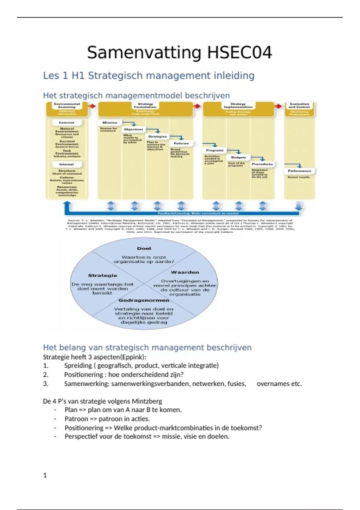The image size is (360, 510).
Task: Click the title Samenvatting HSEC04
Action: point(179,53)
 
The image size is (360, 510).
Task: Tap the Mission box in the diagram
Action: point(110,122)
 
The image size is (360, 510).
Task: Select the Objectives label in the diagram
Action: point(133,129)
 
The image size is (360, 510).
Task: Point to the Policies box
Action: point(181,143)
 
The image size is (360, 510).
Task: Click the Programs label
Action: point(215,150)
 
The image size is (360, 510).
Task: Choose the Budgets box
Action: point(238,157)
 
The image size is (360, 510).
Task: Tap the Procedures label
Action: point(262,164)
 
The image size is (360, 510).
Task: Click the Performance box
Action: point(299,171)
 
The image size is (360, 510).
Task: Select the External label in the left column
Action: point(67,122)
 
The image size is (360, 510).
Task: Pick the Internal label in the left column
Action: point(67,164)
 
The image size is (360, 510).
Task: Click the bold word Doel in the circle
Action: point(144,248)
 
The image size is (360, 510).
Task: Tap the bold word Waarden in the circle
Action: point(185,272)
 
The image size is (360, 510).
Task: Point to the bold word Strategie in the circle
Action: point(103,275)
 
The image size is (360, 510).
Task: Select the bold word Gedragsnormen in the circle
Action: point(144,300)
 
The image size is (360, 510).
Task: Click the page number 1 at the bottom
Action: point(45,475)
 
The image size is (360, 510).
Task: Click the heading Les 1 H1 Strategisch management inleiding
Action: point(149,76)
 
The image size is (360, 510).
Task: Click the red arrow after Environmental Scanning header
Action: point(92,106)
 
